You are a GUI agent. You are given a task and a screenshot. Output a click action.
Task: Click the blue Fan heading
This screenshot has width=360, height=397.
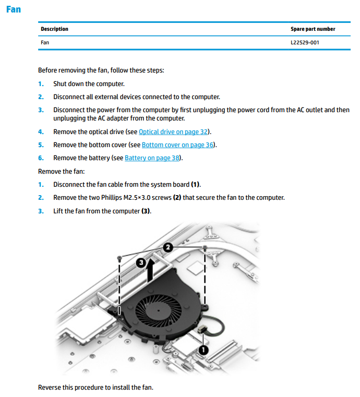(x=14, y=9)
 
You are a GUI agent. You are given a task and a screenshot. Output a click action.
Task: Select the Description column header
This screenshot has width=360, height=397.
(x=54, y=29)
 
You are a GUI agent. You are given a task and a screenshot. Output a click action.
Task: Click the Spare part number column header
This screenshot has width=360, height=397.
(x=313, y=29)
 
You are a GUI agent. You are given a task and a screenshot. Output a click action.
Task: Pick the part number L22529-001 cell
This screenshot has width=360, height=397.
(x=305, y=42)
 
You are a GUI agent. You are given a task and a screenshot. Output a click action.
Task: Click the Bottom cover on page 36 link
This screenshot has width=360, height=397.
(x=178, y=145)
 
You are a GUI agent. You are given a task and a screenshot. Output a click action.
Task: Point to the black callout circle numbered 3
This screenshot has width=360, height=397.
(x=140, y=263)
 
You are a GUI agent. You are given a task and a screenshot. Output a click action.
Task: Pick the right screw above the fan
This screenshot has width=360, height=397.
(x=206, y=247)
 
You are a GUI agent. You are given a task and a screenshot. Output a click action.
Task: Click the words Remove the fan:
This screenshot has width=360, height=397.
(x=58, y=171)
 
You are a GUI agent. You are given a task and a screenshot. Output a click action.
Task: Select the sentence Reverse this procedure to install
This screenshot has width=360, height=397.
(x=95, y=387)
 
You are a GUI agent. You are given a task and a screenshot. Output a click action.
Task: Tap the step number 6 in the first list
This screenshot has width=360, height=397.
(x=41, y=158)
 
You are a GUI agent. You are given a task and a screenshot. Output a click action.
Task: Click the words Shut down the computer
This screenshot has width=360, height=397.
(x=89, y=83)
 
